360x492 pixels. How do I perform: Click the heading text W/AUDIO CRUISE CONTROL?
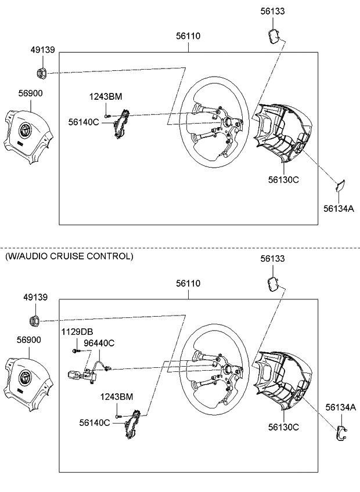pos(69,256)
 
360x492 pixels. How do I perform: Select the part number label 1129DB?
pos(77,331)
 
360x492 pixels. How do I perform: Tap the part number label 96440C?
pos(99,343)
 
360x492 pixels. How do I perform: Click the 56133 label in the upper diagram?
pos(272,11)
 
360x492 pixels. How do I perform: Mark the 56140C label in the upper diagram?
pos(84,122)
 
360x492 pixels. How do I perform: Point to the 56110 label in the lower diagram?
pos(188,283)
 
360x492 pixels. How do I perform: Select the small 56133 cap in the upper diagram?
pos(273,37)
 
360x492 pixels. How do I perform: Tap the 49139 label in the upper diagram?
pos(42,50)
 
